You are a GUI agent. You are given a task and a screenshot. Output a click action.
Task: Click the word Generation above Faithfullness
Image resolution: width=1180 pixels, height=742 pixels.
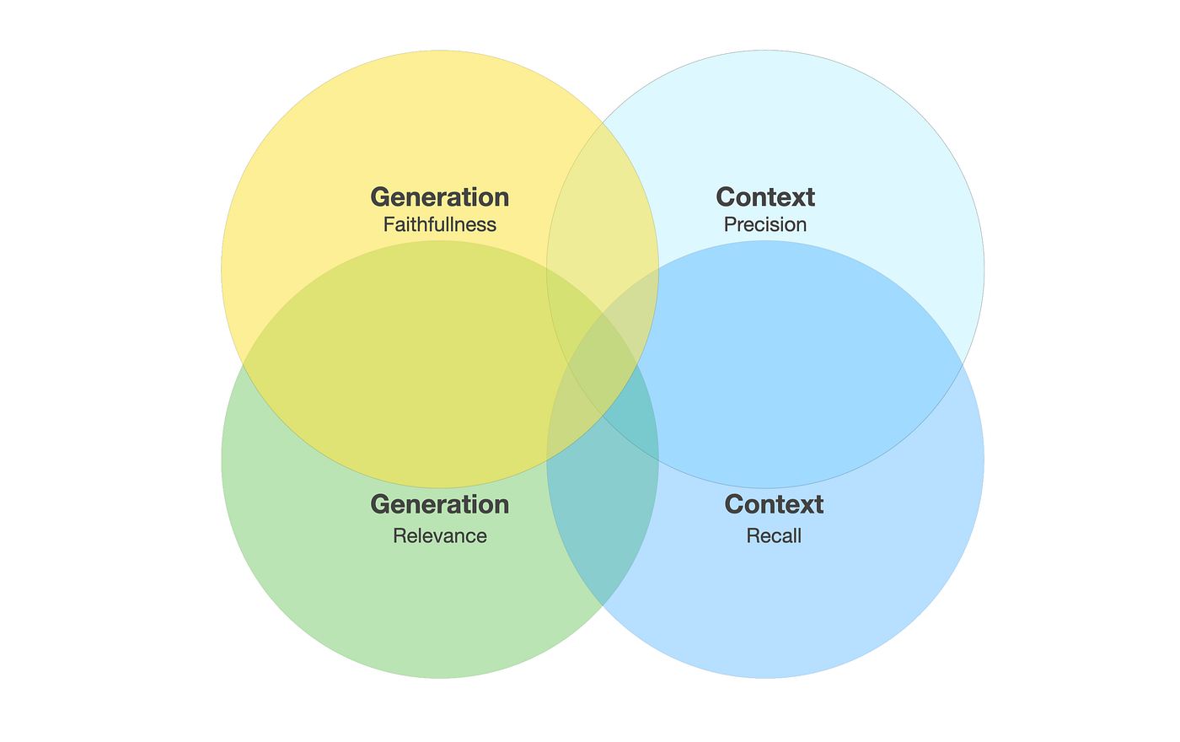(440, 197)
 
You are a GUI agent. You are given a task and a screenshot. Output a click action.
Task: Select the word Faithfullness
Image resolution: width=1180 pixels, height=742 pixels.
(440, 224)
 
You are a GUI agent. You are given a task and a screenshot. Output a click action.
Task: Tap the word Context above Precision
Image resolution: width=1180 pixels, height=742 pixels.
(765, 197)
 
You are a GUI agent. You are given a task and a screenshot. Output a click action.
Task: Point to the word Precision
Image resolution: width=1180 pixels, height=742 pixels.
(765, 224)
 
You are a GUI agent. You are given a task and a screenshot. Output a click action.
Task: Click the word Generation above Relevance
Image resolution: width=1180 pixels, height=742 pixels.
(440, 504)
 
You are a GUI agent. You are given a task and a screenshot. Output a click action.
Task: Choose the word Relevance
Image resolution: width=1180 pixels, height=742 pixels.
(440, 536)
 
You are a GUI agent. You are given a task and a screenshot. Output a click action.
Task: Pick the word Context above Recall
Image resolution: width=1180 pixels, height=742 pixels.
(774, 504)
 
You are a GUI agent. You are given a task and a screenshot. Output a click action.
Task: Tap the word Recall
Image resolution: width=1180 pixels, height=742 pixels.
(774, 536)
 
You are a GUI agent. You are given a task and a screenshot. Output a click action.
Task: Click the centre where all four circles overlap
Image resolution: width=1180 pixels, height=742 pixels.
(603, 364)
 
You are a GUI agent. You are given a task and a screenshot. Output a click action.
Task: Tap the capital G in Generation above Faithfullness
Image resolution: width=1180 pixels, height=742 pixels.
(380, 197)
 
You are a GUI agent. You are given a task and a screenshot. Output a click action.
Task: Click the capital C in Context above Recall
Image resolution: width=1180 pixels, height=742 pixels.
(734, 504)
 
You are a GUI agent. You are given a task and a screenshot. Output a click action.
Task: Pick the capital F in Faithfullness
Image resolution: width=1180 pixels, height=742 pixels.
(389, 224)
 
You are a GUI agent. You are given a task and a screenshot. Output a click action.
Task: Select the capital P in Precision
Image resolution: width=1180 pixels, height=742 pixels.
(731, 224)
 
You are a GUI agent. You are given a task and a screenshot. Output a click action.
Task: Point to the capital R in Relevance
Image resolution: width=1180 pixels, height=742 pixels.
(400, 536)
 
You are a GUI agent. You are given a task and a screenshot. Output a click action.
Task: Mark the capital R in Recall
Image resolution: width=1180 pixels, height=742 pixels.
(754, 536)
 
